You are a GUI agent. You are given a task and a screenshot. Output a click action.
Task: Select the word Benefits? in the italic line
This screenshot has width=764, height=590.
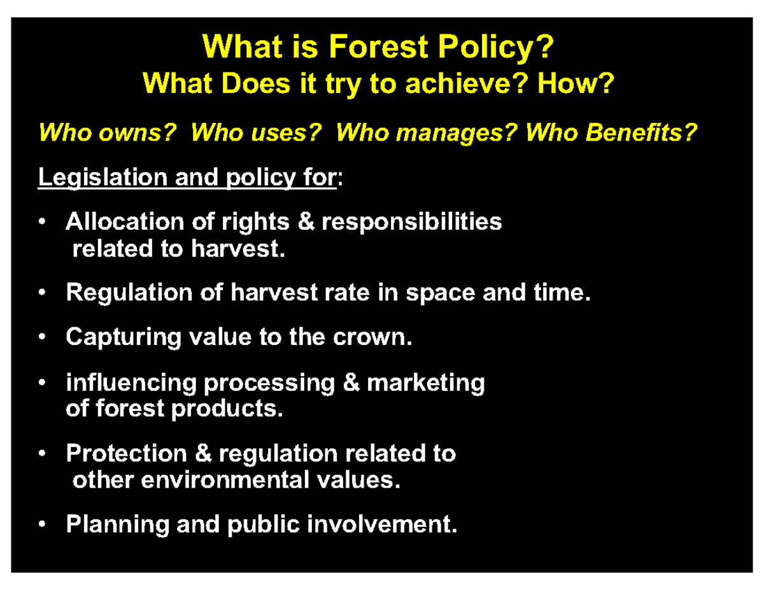tap(641, 134)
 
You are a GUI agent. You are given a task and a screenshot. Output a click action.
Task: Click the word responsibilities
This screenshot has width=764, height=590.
tap(411, 222)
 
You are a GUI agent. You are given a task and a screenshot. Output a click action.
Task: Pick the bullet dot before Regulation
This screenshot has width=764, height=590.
tap(41, 293)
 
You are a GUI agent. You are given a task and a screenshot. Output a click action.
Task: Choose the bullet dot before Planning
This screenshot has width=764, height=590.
tap(41, 525)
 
